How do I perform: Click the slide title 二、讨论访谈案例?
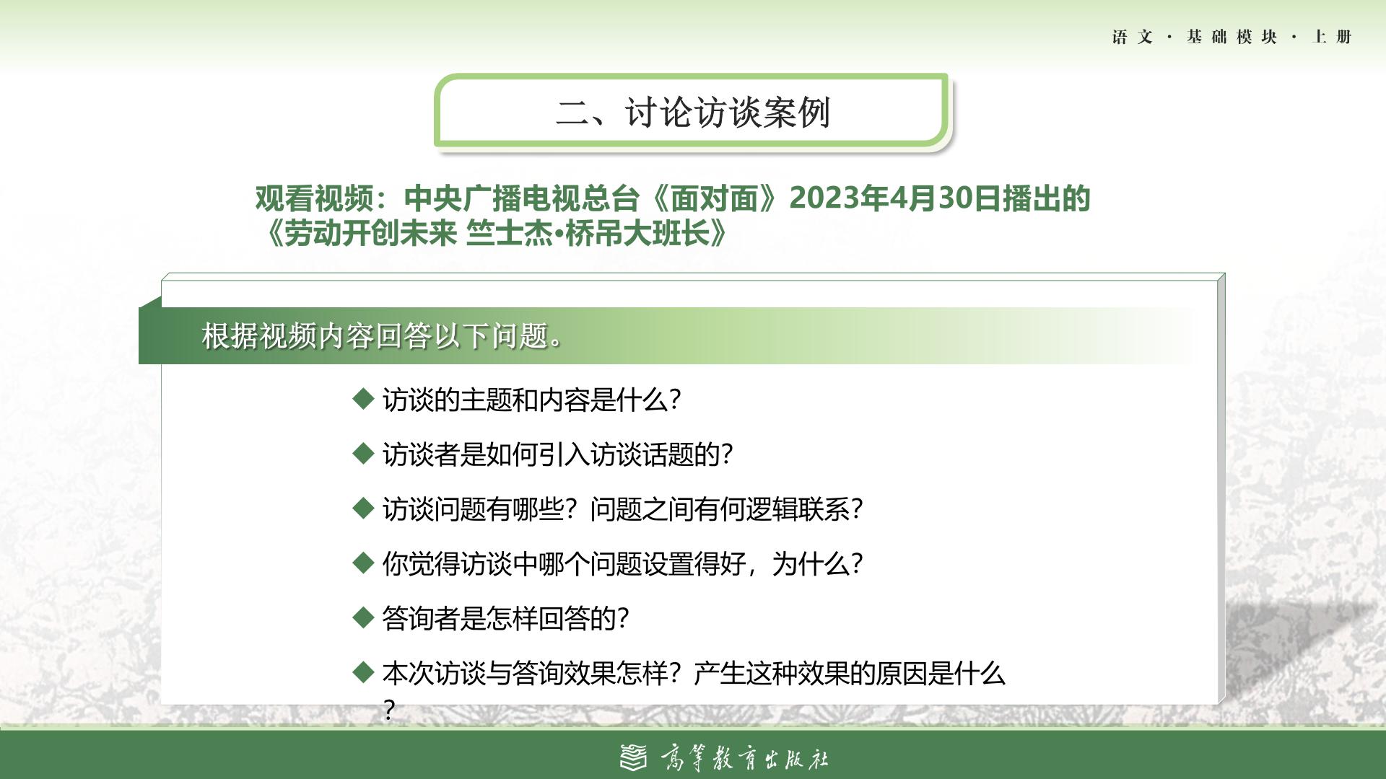point(693,113)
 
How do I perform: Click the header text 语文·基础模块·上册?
point(1232,37)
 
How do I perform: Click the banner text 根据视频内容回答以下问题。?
point(382,336)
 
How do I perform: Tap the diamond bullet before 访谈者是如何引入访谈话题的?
point(363,453)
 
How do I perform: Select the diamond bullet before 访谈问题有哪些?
point(363,508)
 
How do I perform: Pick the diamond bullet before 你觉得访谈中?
point(363,563)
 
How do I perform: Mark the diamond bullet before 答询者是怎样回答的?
point(363,617)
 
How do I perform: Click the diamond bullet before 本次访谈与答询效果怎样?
point(363,672)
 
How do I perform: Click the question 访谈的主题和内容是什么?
point(531,400)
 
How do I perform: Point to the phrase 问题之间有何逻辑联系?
point(726,509)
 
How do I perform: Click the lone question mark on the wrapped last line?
point(389,710)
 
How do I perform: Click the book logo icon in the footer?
point(634,757)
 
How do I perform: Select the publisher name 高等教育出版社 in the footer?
point(744,758)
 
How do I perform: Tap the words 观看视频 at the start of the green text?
point(314,198)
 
